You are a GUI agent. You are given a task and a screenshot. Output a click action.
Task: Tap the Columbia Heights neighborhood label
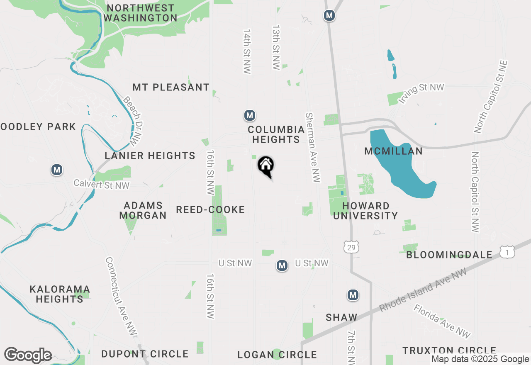pyautogui.click(x=276, y=134)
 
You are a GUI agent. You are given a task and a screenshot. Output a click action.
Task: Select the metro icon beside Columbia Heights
pyautogui.click(x=249, y=115)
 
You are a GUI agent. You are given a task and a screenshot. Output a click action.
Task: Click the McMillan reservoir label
pyautogui.click(x=393, y=151)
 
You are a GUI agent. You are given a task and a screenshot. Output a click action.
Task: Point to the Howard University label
pyautogui.click(x=365, y=211)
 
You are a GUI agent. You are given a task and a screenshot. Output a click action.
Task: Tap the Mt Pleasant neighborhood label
pyautogui.click(x=171, y=88)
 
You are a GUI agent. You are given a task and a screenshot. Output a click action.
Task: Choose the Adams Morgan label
pyautogui.click(x=143, y=210)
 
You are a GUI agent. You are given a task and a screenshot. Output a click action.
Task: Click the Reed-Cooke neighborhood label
pyautogui.click(x=210, y=209)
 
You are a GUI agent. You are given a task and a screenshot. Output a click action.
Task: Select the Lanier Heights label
pyautogui.click(x=150, y=156)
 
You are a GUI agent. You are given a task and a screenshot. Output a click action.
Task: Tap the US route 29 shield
pyautogui.click(x=351, y=248)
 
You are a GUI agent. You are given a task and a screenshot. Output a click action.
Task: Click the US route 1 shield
pyautogui.click(x=507, y=252)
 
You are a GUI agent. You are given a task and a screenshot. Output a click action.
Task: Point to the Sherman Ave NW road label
pyautogui.click(x=313, y=147)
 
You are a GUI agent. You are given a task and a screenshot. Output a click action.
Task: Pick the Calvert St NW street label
pyautogui.click(x=102, y=184)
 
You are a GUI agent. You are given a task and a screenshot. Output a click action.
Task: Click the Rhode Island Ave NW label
pyautogui.click(x=423, y=290)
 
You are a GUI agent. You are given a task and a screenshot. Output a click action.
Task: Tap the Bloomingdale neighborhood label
pyautogui.click(x=449, y=255)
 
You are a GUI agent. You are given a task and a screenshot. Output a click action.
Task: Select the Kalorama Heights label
pyautogui.click(x=60, y=294)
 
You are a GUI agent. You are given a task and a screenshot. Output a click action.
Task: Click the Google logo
pyautogui.click(x=28, y=355)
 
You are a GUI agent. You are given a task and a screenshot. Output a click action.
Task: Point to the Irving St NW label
pyautogui.click(x=421, y=93)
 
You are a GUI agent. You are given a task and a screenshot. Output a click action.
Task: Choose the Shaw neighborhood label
pyautogui.click(x=341, y=317)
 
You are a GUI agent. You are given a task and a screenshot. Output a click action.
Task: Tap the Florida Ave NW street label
pyautogui.click(x=442, y=321)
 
